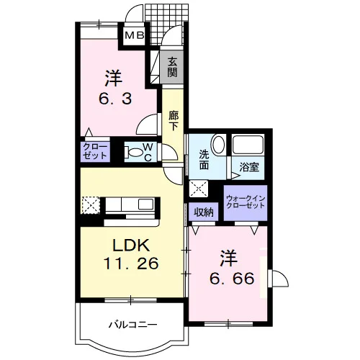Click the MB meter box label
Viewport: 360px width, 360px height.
(x=135, y=36)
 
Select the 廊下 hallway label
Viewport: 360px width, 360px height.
(x=174, y=121)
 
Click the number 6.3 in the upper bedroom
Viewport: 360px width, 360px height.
(x=115, y=99)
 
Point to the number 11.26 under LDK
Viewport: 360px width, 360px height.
(x=131, y=263)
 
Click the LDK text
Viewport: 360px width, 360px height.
(x=132, y=245)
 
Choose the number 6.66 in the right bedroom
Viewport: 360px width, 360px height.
(x=232, y=279)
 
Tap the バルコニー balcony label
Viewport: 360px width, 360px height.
(x=133, y=325)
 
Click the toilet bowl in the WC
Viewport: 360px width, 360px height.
(x=132, y=153)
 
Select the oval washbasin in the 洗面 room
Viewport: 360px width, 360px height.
(x=218, y=145)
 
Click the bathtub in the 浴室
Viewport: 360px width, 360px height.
(x=248, y=145)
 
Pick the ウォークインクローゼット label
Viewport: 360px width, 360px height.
(x=246, y=202)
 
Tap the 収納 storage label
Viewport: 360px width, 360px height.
(x=204, y=212)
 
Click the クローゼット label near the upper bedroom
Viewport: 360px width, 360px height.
(x=95, y=151)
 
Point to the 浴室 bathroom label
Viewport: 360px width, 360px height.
(x=249, y=167)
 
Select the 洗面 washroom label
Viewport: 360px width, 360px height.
(x=204, y=159)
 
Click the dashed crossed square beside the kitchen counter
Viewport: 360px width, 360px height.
(x=91, y=205)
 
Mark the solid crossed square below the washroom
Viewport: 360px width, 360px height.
(x=199, y=189)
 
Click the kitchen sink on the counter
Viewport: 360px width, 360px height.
(x=145, y=204)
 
